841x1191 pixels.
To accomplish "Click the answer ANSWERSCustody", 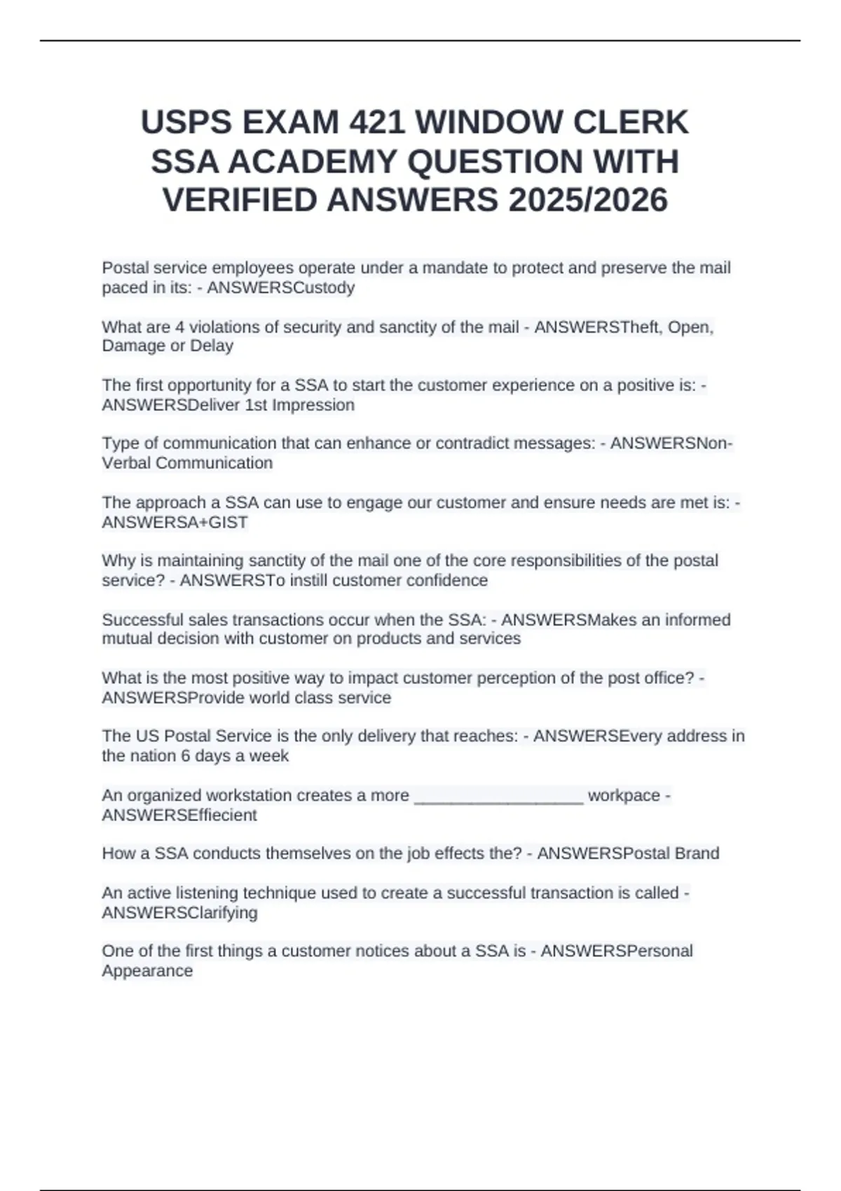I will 280,288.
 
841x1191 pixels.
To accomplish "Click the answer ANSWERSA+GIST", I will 175,523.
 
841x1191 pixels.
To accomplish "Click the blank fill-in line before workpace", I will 499,797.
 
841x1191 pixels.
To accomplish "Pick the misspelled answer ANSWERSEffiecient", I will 179,815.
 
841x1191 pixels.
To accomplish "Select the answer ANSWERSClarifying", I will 179,913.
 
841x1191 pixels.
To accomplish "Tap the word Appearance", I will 147,971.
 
